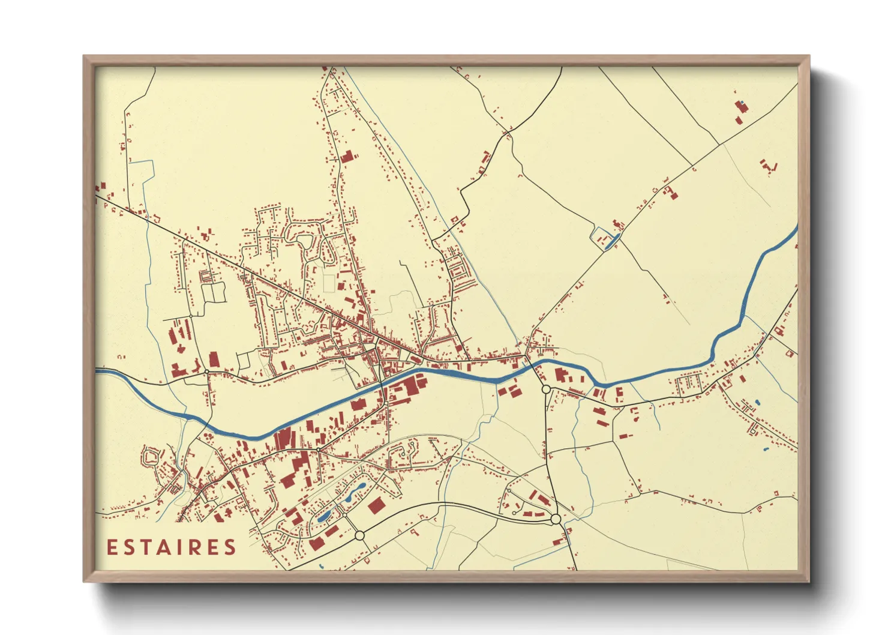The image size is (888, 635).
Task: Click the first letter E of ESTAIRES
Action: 112,547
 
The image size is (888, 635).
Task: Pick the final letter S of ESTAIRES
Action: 230,547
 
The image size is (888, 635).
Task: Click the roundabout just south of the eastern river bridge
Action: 546,390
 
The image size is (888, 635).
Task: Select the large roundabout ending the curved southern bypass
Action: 556,519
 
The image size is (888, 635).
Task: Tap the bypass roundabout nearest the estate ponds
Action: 359,535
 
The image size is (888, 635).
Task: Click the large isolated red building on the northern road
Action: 346,157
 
